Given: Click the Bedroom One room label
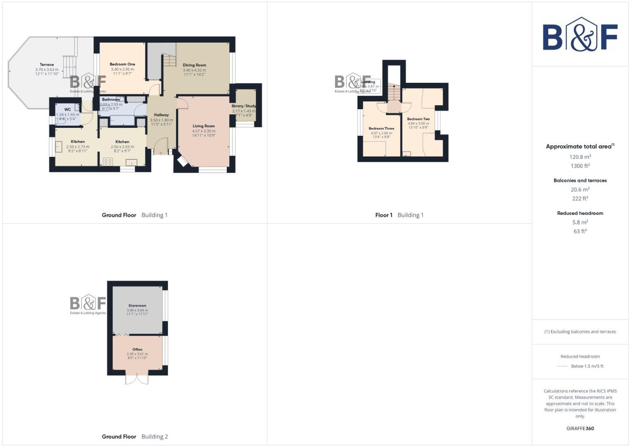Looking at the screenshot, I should click(x=122, y=64).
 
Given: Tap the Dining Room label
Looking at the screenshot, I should click(x=194, y=65).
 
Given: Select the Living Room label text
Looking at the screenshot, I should click(x=203, y=126).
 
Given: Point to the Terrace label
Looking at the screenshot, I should click(x=47, y=65).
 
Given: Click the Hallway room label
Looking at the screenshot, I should click(x=161, y=115).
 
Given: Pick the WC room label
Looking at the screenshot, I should click(x=67, y=110).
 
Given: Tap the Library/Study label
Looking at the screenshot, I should click(x=244, y=106).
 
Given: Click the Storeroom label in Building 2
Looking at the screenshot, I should click(x=137, y=305).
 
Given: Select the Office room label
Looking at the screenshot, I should click(x=137, y=349).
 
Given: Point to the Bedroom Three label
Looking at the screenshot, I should click(x=381, y=128).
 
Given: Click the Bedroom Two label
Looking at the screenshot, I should click(x=418, y=119).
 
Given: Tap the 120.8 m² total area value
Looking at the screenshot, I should click(x=580, y=157).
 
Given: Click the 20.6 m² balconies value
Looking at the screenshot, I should click(x=580, y=190).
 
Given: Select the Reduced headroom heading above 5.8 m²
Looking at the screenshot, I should click(x=580, y=213).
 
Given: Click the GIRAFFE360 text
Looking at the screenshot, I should click(x=580, y=428).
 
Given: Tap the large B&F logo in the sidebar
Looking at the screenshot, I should click(x=580, y=35).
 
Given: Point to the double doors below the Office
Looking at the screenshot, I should click(x=137, y=380).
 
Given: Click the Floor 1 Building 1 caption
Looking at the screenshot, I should click(x=399, y=215).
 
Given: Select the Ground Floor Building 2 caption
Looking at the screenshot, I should click(x=135, y=436).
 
